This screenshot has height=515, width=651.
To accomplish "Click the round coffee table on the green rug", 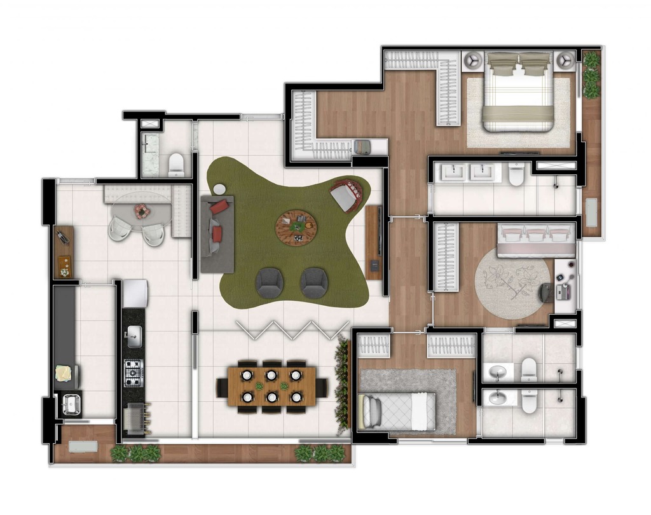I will (x=296, y=226).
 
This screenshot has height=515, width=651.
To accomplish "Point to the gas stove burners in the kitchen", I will (x=134, y=373).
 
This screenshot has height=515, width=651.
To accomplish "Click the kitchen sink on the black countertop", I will (x=134, y=337).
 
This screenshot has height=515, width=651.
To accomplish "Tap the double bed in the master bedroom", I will (x=518, y=95).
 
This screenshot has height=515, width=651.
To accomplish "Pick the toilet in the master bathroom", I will (x=516, y=174).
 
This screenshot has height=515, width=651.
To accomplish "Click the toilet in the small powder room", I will (x=176, y=165).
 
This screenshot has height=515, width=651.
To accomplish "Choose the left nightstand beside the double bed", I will (x=473, y=60).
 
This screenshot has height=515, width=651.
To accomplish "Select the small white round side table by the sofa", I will (x=219, y=189).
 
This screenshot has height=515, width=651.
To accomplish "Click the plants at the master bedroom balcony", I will (x=591, y=75).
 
